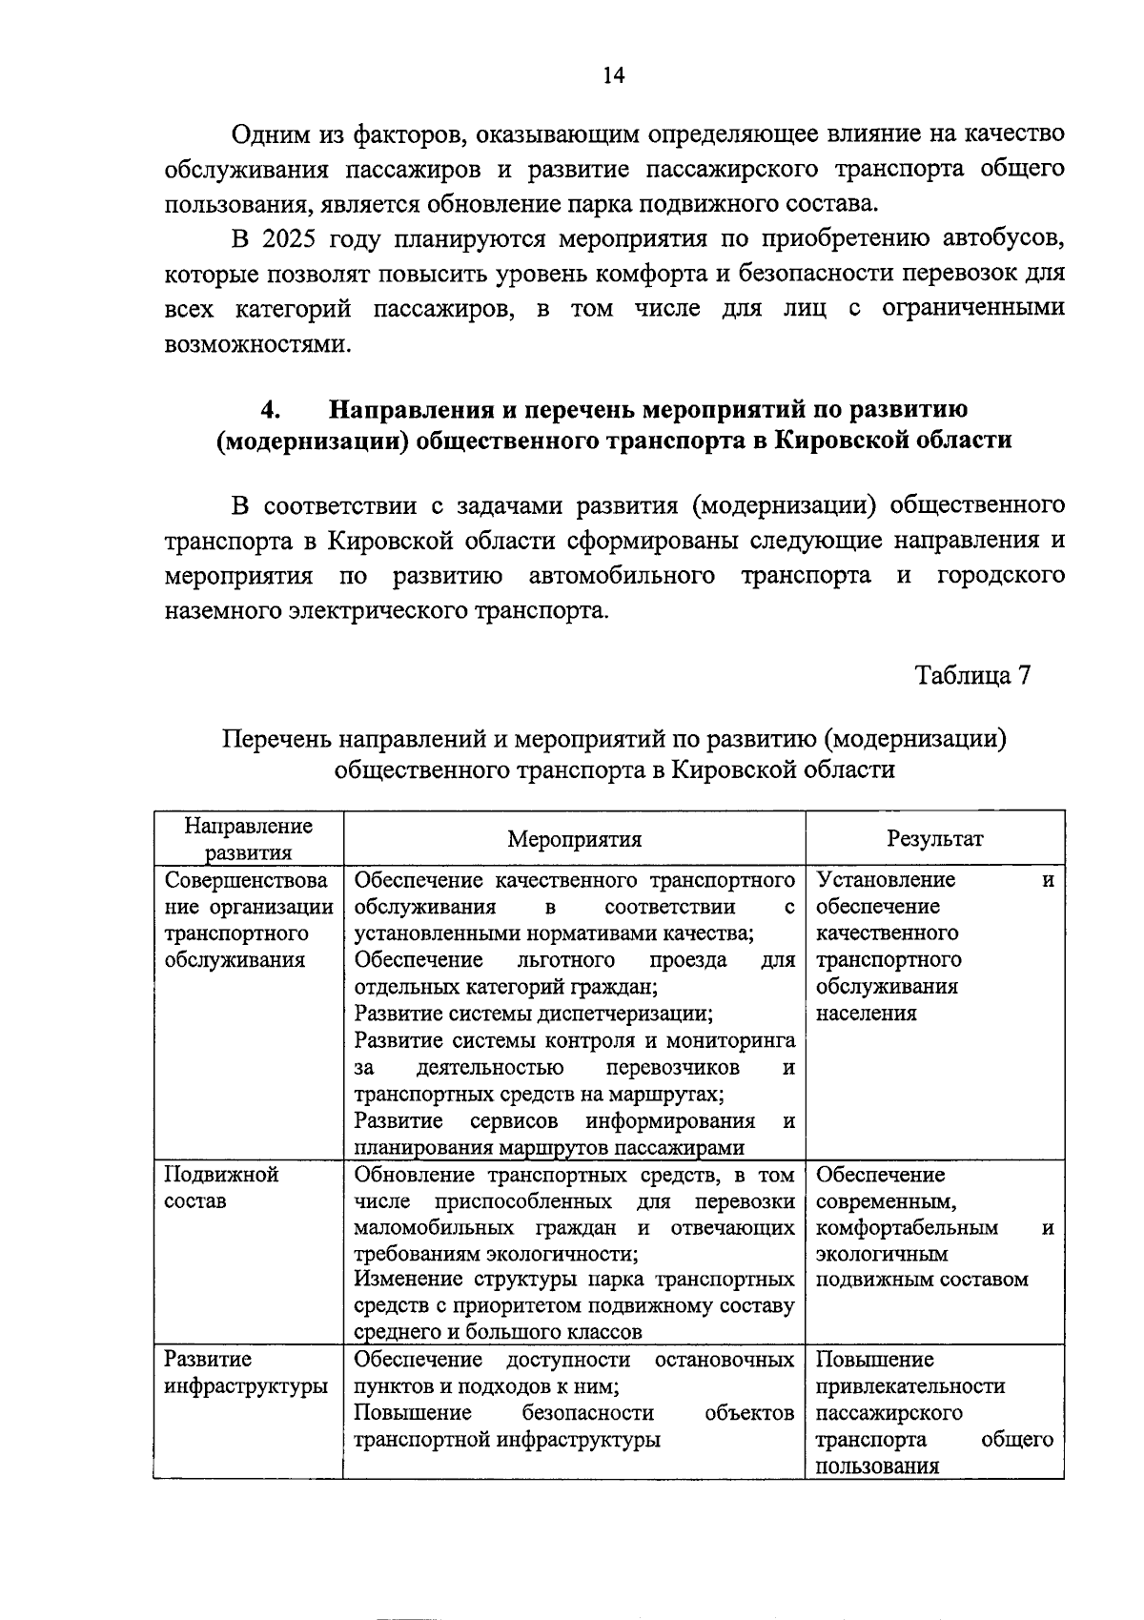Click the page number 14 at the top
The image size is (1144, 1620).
click(613, 76)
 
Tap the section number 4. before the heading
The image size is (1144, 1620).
click(270, 409)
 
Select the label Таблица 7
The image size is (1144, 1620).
click(972, 675)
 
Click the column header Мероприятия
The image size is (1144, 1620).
click(574, 839)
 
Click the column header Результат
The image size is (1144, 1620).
click(934, 839)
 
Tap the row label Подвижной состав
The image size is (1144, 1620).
click(221, 1187)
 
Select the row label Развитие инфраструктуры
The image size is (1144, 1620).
click(246, 1373)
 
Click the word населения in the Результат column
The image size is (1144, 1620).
click(866, 1014)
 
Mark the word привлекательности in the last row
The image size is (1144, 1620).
click(909, 1386)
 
